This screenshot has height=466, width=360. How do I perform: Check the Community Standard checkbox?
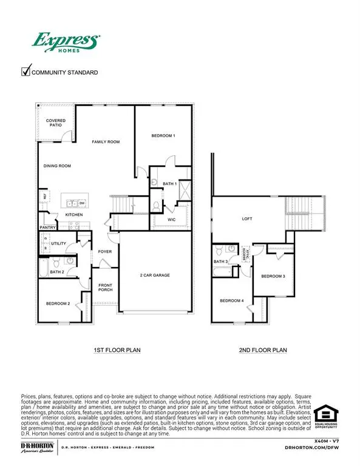click(26, 72)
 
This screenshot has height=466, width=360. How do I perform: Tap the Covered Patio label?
click(56, 123)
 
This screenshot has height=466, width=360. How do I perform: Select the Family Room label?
click(106, 142)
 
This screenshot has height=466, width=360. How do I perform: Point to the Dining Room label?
click(57, 166)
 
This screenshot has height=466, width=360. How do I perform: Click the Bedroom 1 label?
click(163, 136)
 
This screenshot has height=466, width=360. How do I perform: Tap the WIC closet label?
click(172, 212)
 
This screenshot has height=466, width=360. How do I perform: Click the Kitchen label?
click(74, 215)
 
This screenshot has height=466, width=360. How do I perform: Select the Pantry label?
click(48, 228)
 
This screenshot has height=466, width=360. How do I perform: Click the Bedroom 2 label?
click(58, 303)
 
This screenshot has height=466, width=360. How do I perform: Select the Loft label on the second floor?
click(246, 218)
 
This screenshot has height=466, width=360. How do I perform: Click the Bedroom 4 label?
click(231, 301)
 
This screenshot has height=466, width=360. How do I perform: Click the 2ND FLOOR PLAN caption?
click(262, 350)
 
